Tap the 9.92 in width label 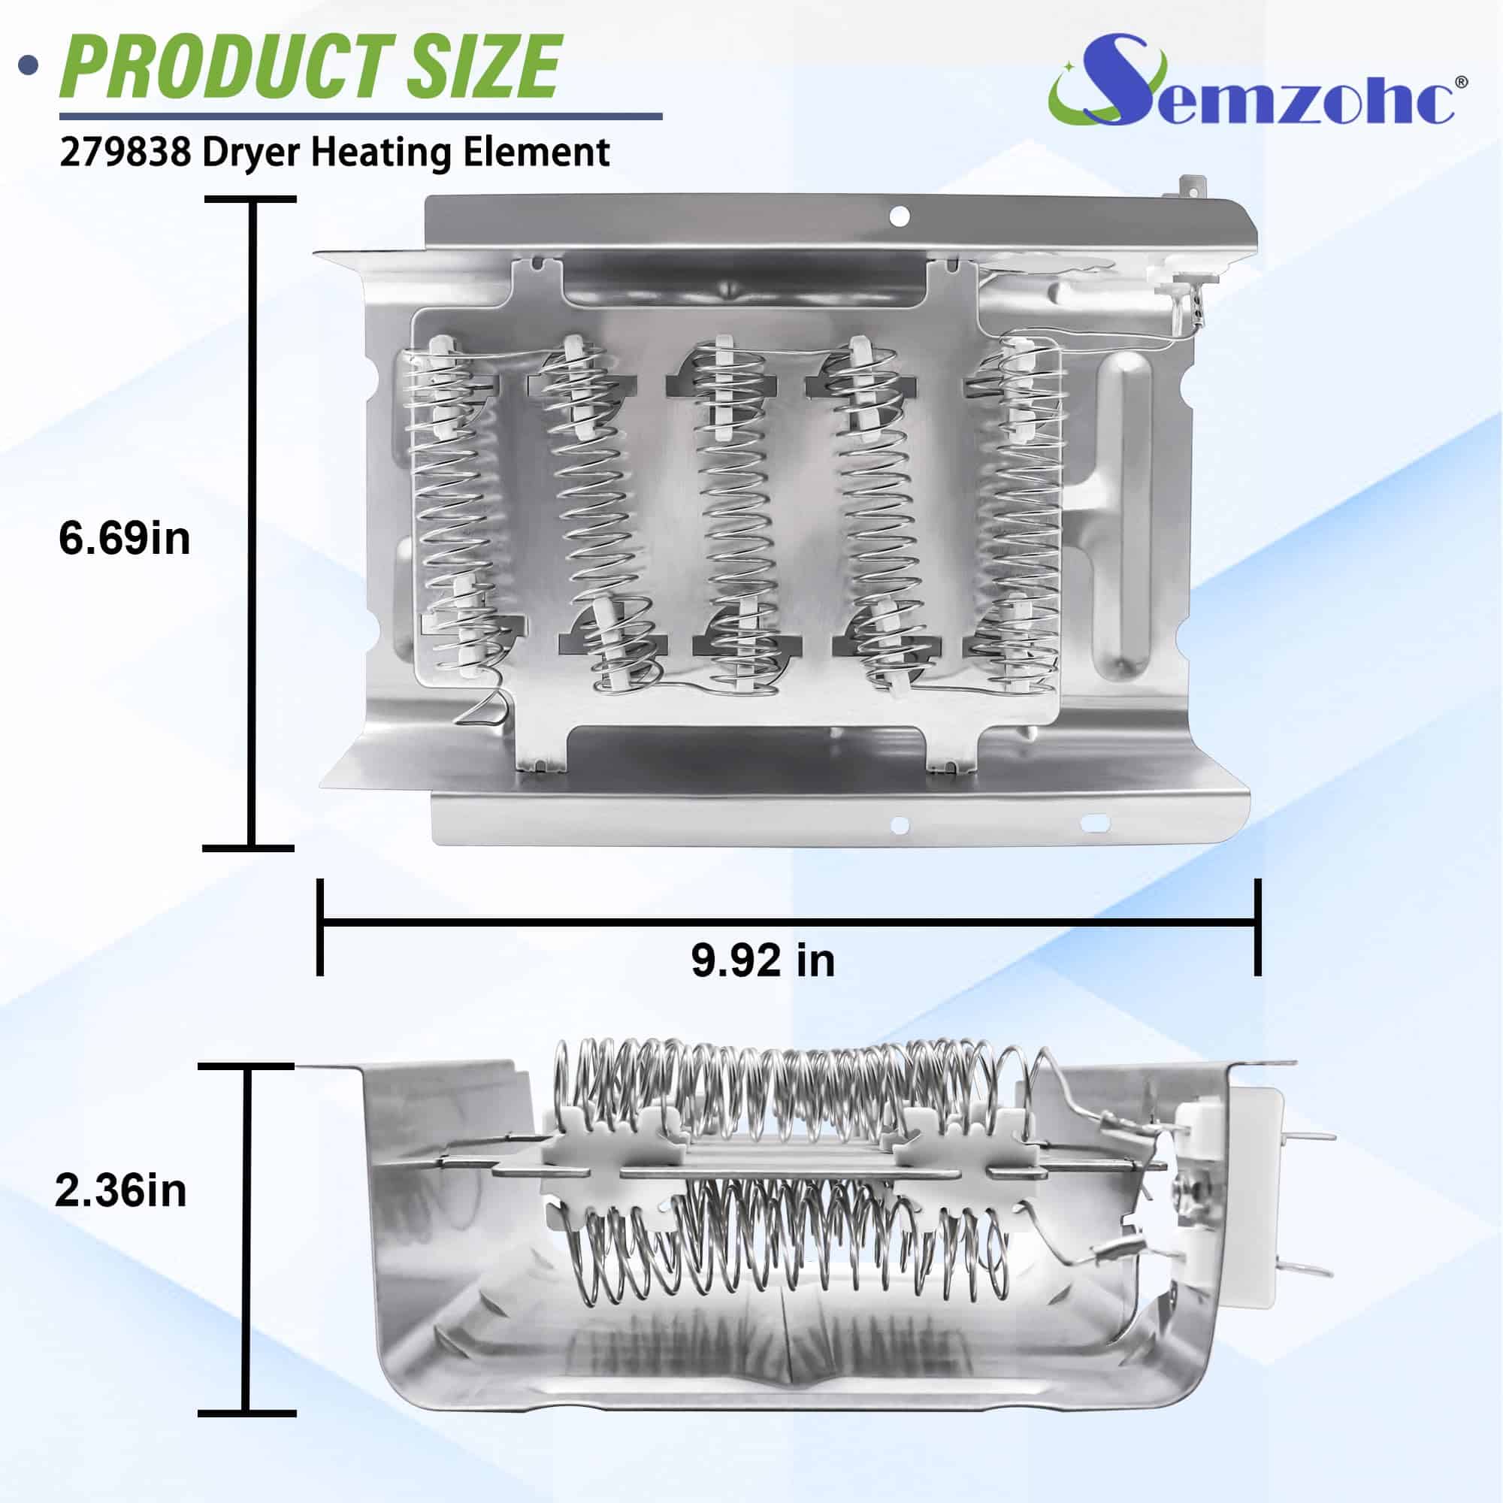[762, 960]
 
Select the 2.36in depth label [120, 1212]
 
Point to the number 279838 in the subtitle [125, 153]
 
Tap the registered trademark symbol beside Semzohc [1461, 82]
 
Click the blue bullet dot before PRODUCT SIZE [29, 65]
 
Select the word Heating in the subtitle [381, 153]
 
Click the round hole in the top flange [900, 216]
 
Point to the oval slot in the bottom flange [1096, 822]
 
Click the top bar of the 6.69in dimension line [249, 200]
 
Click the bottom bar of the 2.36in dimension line [246, 1413]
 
